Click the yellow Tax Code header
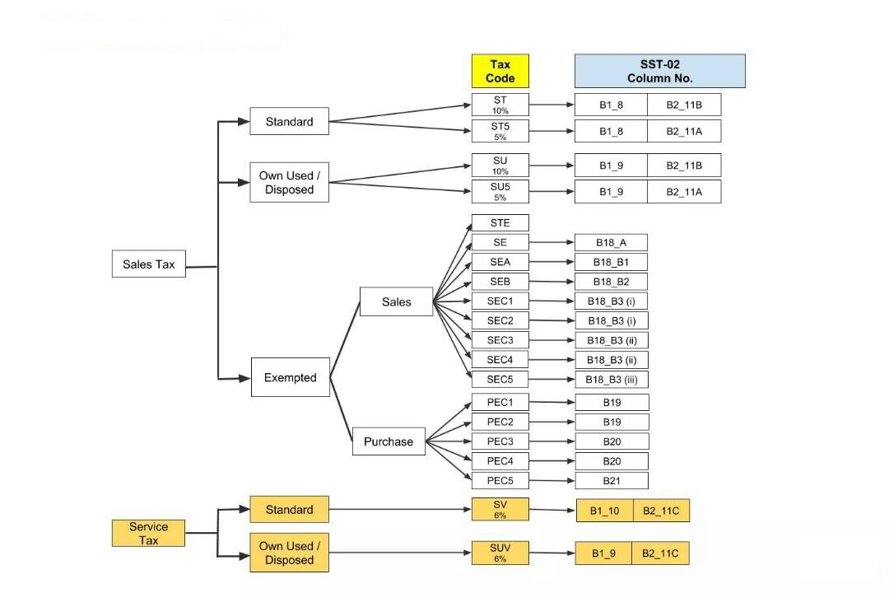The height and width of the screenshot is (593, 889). [x=500, y=71]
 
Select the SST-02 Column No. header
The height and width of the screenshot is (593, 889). [x=659, y=71]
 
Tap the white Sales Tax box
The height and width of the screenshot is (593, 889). [x=149, y=264]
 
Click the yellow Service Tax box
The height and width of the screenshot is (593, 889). [x=148, y=533]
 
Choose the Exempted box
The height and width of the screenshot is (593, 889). [x=290, y=377]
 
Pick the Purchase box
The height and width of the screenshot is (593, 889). [x=389, y=441]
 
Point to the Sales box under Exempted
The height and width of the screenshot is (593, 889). [x=396, y=301]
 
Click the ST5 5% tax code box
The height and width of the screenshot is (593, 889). [x=500, y=131]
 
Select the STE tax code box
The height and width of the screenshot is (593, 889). [x=500, y=223]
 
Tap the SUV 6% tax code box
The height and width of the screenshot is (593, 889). [x=500, y=552]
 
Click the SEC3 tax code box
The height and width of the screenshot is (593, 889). [x=500, y=340]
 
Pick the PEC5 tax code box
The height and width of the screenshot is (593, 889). [x=500, y=480]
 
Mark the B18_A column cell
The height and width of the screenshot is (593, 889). [x=611, y=242]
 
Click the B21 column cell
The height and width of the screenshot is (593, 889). [x=611, y=480]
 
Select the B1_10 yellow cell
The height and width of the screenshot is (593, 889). [x=604, y=511]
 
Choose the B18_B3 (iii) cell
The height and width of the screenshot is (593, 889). [x=611, y=380]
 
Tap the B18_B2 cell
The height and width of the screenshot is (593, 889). [x=611, y=282]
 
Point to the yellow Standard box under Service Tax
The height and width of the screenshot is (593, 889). [x=289, y=509]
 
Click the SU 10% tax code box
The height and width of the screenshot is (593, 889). [x=500, y=165]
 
